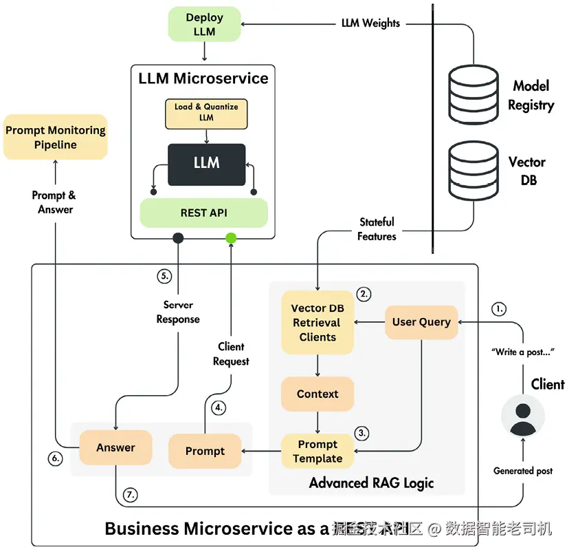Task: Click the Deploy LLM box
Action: point(204,24)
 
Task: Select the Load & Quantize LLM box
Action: point(206,112)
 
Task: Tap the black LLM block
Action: point(206,164)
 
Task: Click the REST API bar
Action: point(203,213)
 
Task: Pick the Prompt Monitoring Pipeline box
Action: point(56,137)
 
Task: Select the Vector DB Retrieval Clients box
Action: point(318,323)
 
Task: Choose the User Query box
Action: point(421,322)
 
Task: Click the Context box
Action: point(318,394)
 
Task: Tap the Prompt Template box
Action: point(318,452)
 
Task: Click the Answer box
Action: point(115,448)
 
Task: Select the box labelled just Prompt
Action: point(205,452)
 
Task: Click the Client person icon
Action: point(523,416)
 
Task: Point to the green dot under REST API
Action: point(231,238)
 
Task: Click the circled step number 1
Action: point(499,308)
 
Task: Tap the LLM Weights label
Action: point(370,23)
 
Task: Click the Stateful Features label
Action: point(377,229)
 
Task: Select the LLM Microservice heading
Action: point(203,78)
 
